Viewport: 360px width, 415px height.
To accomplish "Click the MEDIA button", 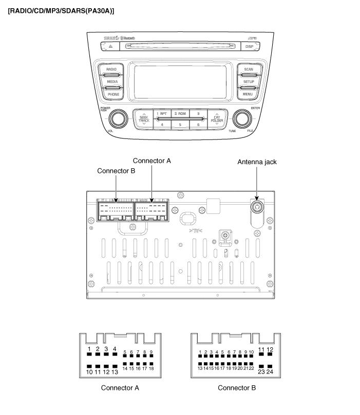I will tap(111, 82).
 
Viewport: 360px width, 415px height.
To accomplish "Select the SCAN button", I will tap(249, 69).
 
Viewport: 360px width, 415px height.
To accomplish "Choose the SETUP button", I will tap(249, 82).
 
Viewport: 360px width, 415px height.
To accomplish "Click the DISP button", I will tap(249, 46).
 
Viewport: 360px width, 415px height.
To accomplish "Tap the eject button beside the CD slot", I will tap(110, 46).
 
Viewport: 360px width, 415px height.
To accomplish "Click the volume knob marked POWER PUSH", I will tap(118, 120).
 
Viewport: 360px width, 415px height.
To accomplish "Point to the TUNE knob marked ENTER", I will tap(241, 120).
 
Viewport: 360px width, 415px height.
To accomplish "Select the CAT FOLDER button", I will tap(217, 119).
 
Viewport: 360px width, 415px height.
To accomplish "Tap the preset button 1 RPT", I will tap(162, 113).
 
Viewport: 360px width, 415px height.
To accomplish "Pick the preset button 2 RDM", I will tap(180, 113).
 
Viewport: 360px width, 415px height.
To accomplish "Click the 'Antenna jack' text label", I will tap(257, 162).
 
